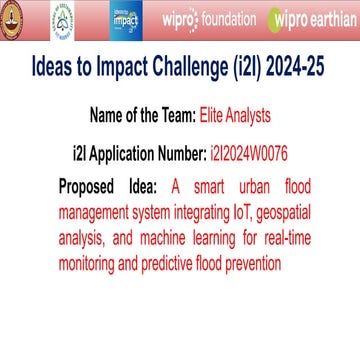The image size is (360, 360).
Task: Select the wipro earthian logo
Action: pos(308,18)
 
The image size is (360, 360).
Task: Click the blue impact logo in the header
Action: pos(128,18)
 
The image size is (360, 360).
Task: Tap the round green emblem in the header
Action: pos(62,18)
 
